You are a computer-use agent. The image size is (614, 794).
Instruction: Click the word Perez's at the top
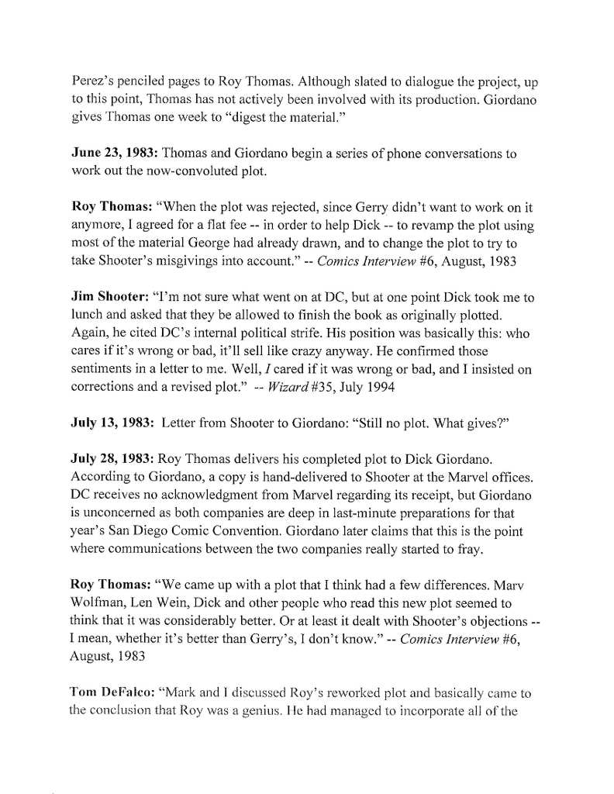94,80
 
